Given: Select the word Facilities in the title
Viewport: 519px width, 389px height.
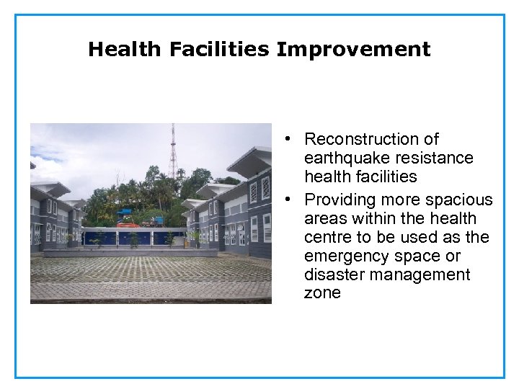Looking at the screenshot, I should pos(220,49).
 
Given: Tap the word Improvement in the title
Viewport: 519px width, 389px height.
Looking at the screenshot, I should pos(353,49).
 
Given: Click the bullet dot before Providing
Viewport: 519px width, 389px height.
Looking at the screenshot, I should pos(287,200).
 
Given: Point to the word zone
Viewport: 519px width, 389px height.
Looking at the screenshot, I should pos(322,293).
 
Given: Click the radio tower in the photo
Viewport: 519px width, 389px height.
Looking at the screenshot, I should pos(173,151).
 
